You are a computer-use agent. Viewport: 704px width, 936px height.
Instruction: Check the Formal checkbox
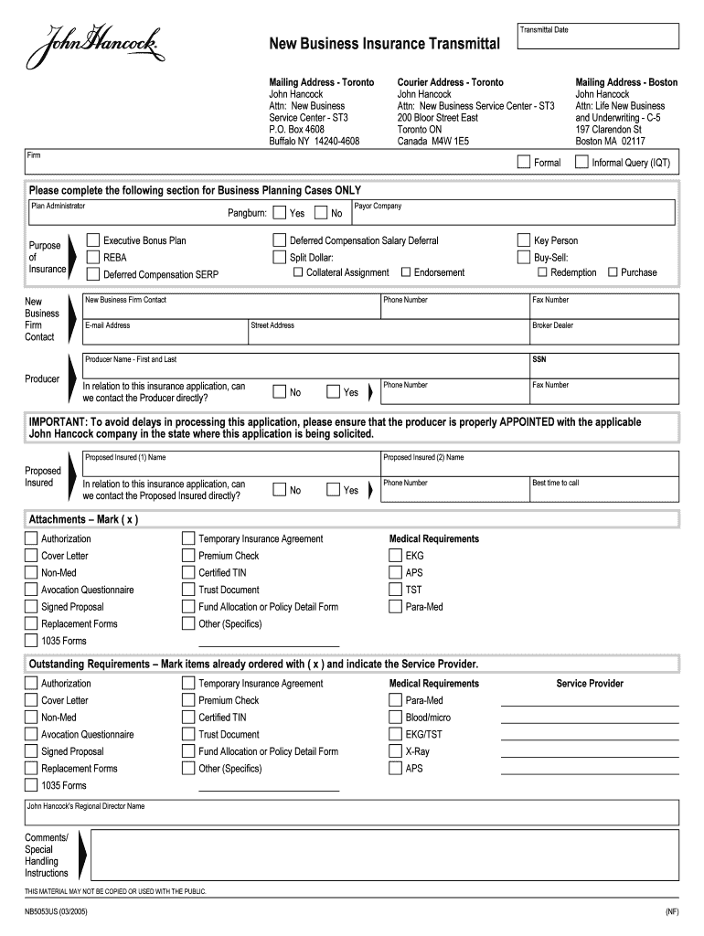tap(524, 163)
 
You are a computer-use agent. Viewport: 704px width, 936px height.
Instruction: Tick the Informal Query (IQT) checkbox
tap(581, 163)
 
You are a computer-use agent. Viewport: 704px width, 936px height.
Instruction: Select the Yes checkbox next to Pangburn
tap(280, 213)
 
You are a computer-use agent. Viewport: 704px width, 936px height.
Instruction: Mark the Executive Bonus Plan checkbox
tap(93, 240)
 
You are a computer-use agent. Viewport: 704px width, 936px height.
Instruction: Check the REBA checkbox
tap(93, 257)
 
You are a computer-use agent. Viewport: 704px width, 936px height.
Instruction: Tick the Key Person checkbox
tap(524, 240)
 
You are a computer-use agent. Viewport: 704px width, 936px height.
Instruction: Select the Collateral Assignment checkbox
tap(298, 272)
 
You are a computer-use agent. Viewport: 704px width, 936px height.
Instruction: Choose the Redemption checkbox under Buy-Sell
tap(543, 272)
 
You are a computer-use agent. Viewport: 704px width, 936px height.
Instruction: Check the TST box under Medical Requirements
tap(396, 590)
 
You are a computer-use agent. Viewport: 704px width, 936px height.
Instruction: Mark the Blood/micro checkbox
tap(396, 718)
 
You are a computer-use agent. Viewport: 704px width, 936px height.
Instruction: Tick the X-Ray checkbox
tap(396, 751)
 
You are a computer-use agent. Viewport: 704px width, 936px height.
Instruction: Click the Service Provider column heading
tap(590, 684)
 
